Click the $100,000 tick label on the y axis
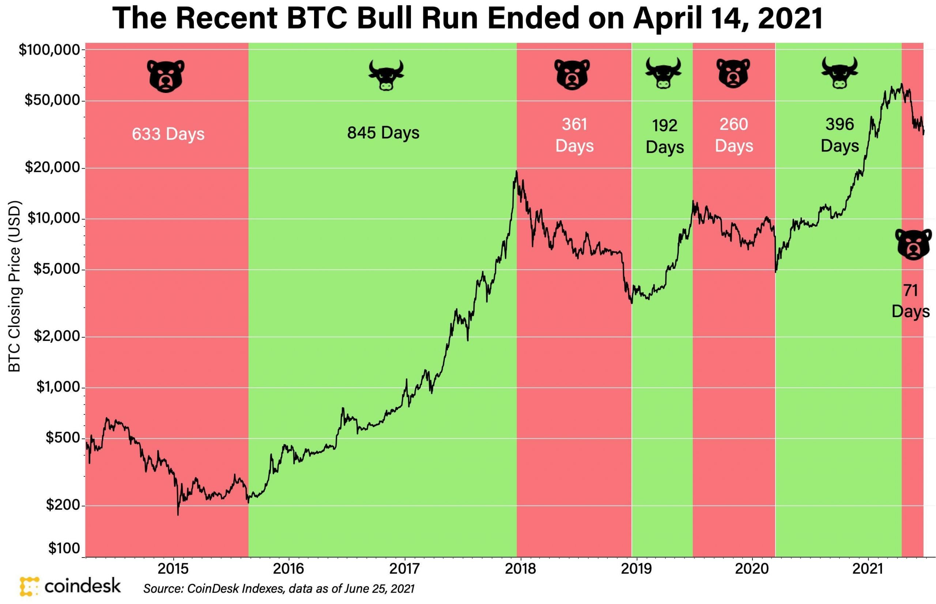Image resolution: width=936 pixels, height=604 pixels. click(x=49, y=50)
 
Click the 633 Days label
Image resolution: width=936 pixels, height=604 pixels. click(x=168, y=134)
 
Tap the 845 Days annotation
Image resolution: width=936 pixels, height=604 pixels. click(x=383, y=132)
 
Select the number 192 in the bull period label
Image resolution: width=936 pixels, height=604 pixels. click(x=664, y=125)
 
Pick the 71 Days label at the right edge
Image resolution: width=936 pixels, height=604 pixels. click(x=910, y=301)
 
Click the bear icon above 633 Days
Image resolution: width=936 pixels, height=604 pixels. click(x=166, y=76)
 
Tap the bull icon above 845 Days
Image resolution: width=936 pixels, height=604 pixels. click(x=386, y=75)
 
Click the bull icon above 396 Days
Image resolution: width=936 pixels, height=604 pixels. click(x=839, y=72)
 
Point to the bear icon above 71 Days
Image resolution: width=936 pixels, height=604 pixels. click(x=913, y=244)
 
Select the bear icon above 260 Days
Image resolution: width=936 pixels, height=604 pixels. click(x=733, y=73)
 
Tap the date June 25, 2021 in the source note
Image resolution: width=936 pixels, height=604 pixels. click(x=379, y=588)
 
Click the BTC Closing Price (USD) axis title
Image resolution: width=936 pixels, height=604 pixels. click(x=15, y=286)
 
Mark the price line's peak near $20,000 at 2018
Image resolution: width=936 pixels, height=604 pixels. click(x=516, y=171)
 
